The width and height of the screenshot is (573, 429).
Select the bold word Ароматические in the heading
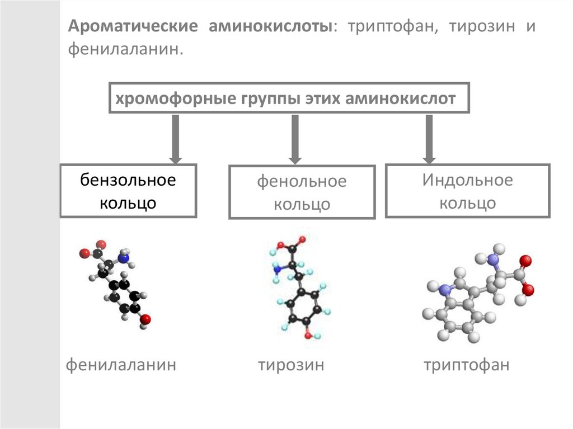(133, 27)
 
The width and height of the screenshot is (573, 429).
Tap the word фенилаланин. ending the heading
(126, 50)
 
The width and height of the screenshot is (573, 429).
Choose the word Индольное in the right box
(467, 180)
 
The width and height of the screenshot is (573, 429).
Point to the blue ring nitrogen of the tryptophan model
(445, 290)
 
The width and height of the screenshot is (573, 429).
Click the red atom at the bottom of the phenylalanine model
(145, 319)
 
